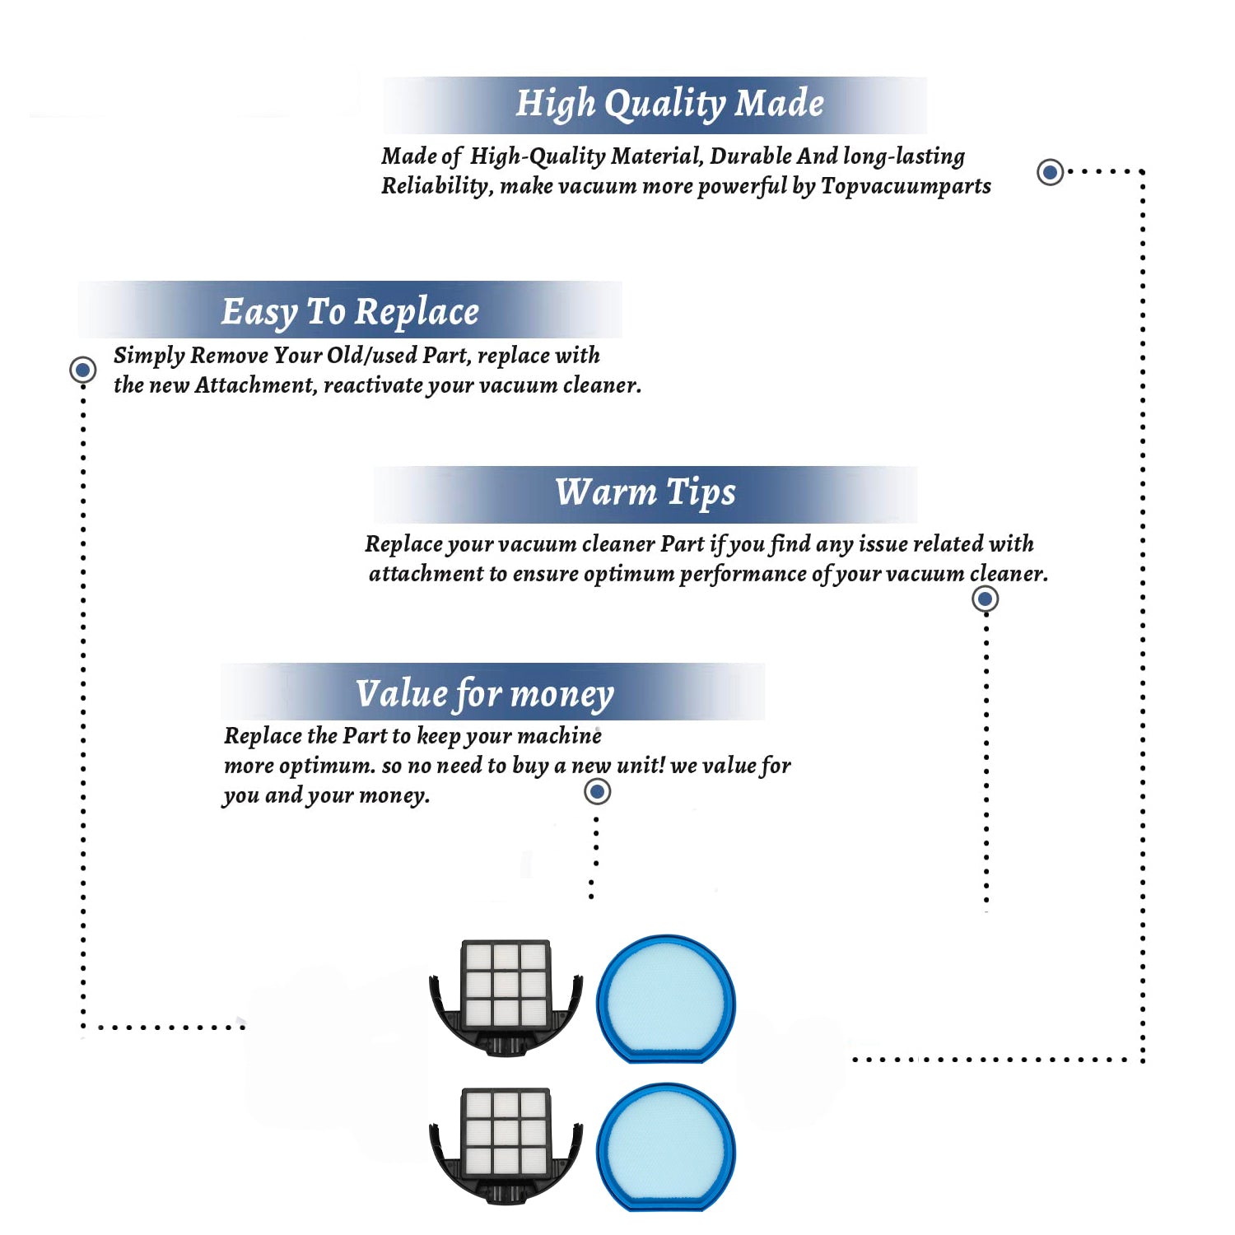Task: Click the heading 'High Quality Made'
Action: (669, 105)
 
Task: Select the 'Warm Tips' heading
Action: (645, 493)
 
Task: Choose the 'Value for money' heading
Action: (484, 694)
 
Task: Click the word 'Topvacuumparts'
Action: (906, 187)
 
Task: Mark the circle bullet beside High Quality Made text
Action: (1050, 172)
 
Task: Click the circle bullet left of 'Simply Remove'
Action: (82, 370)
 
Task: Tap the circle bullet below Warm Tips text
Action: (985, 599)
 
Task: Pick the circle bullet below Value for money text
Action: (597, 792)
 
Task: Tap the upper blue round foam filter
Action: (665, 999)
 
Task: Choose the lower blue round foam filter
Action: (665, 1147)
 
